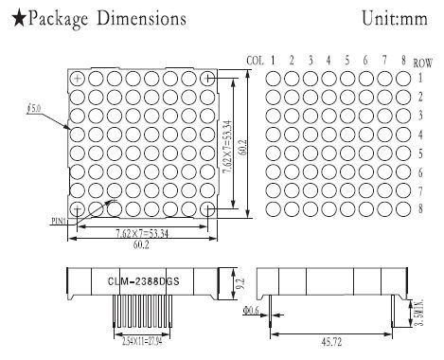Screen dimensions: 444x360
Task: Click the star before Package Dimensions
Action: click(11, 19)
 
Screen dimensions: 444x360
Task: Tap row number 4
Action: click(421, 135)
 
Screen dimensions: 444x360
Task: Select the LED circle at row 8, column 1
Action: click(274, 208)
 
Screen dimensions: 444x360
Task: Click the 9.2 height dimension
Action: click(240, 281)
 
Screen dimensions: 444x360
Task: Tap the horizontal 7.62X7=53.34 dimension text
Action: click(142, 231)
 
